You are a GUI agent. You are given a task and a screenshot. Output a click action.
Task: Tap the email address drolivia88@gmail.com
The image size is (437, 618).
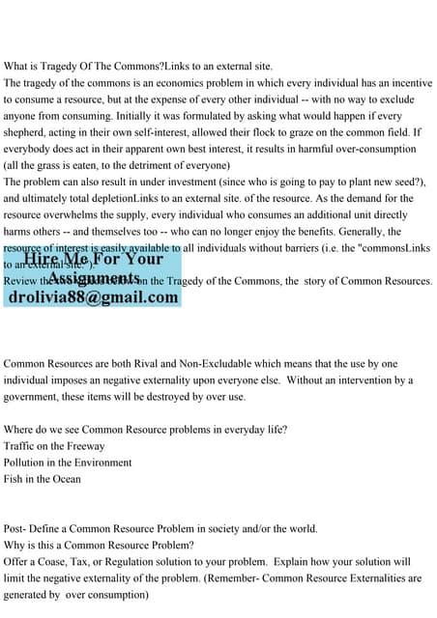94,297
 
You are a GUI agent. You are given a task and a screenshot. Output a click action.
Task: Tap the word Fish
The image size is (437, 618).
15,479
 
